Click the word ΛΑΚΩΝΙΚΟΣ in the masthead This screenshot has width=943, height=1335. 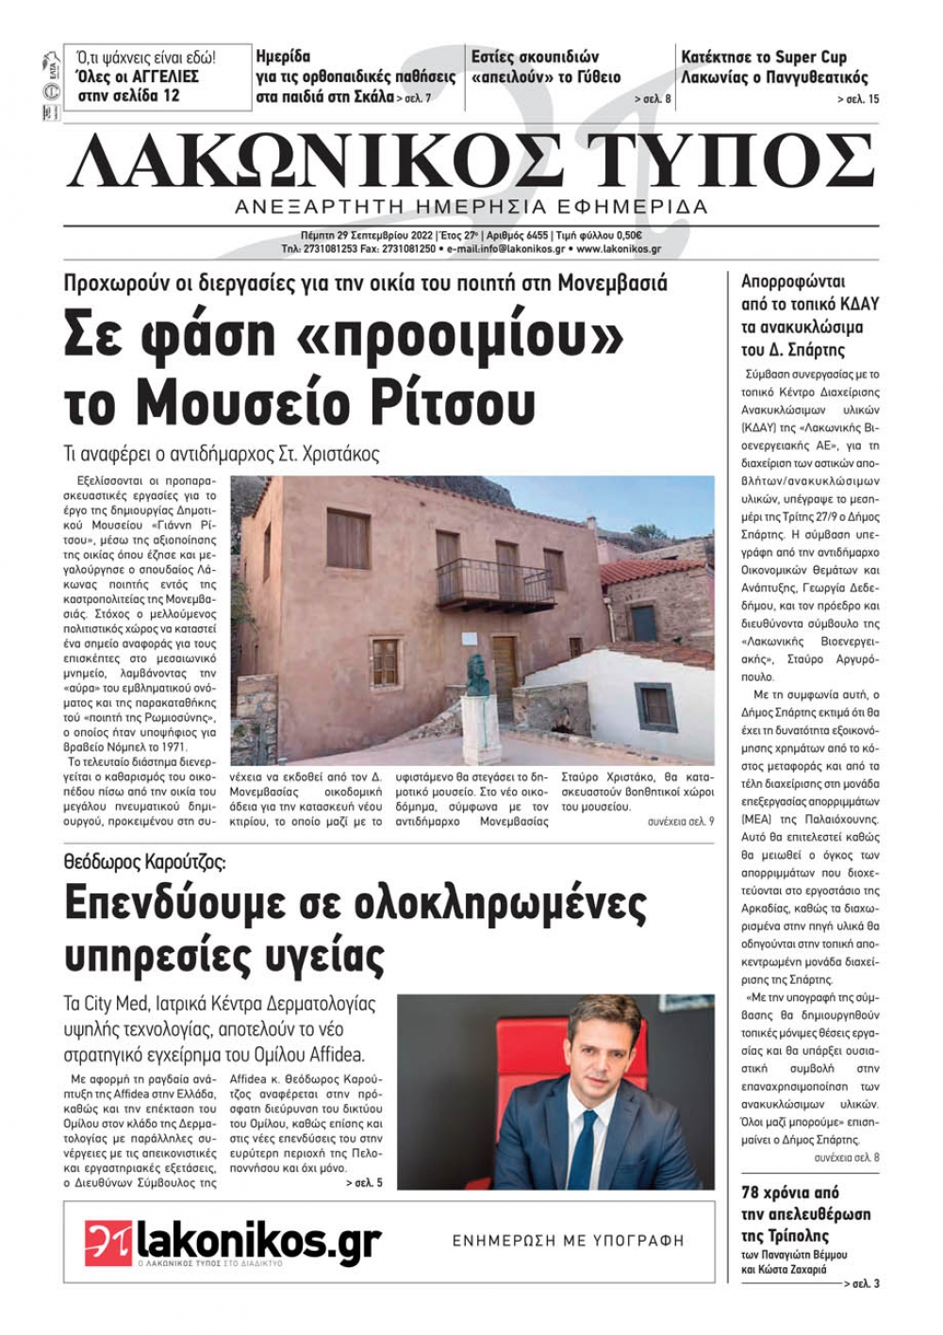311,161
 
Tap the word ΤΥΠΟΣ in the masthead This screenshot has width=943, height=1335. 728,161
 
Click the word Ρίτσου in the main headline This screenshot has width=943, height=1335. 451,401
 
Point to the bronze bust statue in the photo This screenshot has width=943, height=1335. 478,675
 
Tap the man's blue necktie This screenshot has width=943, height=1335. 583,1151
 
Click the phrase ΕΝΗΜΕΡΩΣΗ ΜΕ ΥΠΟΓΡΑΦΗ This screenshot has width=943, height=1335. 569,1241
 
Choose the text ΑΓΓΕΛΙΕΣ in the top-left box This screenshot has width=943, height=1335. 156,76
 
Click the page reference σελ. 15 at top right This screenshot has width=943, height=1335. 858,99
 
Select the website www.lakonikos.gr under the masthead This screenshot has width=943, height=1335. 619,249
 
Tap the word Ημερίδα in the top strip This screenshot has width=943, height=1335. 283,57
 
